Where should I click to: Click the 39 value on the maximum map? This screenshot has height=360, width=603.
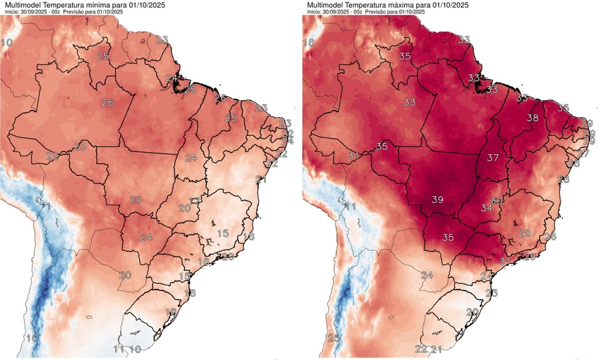(x=438, y=199)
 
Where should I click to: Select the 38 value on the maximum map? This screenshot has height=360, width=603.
(x=533, y=118)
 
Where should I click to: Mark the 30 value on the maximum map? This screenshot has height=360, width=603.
(x=497, y=201)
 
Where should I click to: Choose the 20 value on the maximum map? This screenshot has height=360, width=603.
(x=472, y=312)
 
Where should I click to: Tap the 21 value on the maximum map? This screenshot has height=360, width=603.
(x=436, y=350)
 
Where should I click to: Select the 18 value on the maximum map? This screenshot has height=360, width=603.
(x=309, y=42)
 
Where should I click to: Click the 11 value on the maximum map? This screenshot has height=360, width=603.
(x=351, y=207)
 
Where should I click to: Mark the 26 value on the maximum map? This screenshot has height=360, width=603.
(x=550, y=236)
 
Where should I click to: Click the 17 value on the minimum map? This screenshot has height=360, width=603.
(x=195, y=201)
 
